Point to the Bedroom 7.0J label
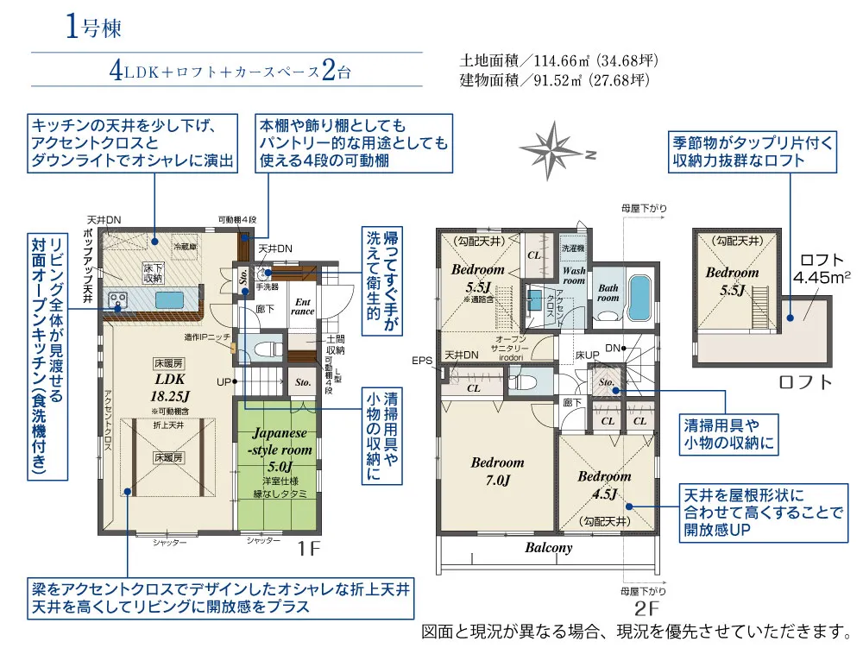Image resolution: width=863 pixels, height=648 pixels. click(x=497, y=471)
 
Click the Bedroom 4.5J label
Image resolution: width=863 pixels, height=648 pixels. click(x=604, y=484)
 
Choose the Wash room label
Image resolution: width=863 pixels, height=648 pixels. click(x=574, y=275)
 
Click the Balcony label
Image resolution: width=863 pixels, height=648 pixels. click(x=548, y=547)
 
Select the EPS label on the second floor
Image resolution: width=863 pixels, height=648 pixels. click(x=422, y=361)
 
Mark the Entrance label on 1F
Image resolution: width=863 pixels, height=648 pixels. click(x=304, y=307)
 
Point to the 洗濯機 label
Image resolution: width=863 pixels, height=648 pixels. click(x=573, y=248)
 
